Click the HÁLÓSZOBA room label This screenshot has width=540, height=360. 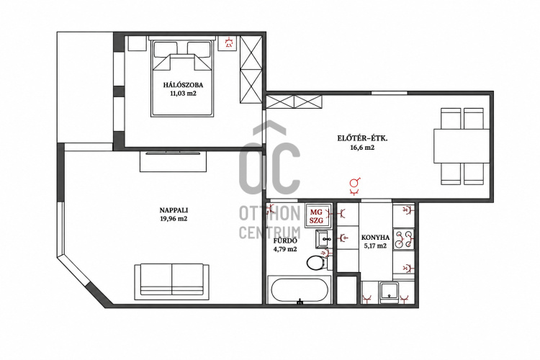[x=183, y=85]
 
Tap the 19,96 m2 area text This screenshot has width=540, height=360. [x=174, y=218]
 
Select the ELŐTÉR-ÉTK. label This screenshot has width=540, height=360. [x=362, y=139]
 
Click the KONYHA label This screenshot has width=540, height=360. [x=375, y=238]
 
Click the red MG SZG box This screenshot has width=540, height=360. [x=317, y=216]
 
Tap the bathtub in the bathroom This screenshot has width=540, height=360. [x=300, y=290]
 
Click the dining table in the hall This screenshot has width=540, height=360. [x=462, y=146]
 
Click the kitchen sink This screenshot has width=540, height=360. [x=389, y=292]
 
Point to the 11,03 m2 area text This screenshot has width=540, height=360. [x=183, y=94]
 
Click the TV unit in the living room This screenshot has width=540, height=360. [x=173, y=161]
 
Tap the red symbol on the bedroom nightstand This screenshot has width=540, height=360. [x=228, y=42]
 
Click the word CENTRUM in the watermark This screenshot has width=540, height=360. [x=270, y=232]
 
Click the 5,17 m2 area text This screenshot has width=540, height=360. [x=375, y=246]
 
